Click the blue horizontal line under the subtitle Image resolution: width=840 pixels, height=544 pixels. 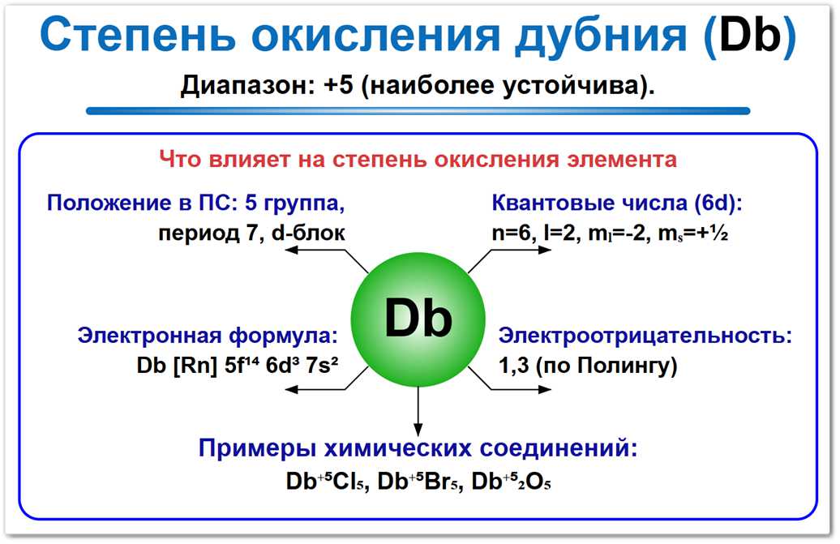click(x=418, y=111)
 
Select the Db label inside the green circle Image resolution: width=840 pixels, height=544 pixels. click(x=418, y=319)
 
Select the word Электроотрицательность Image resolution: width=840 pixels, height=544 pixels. click(x=645, y=336)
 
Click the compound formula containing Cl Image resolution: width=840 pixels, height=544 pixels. click(x=323, y=482)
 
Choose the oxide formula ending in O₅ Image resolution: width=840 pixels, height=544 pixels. click(x=512, y=482)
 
